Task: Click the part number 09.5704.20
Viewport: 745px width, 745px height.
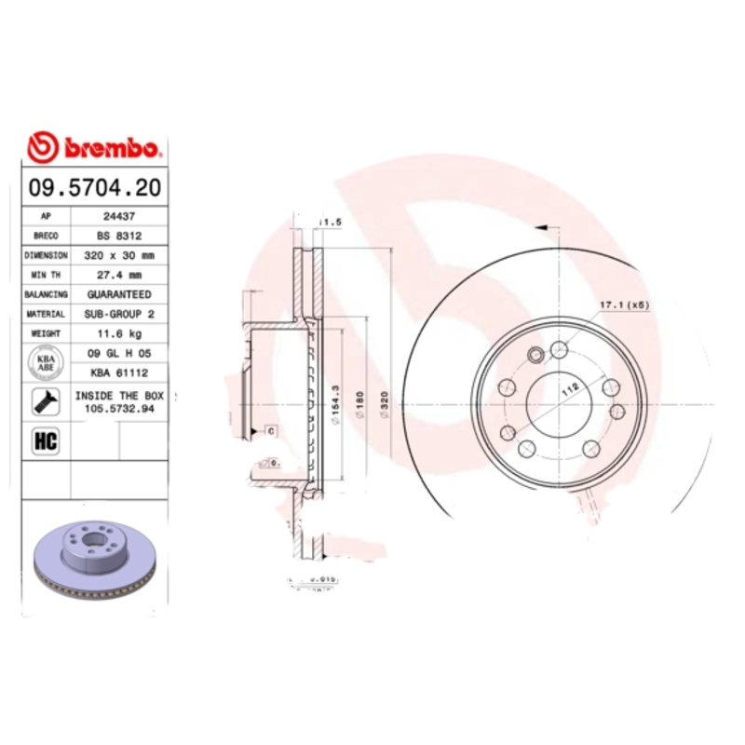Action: click(x=95, y=187)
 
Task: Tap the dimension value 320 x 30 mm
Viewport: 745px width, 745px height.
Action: click(x=119, y=255)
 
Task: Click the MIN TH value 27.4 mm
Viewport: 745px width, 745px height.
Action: click(x=119, y=275)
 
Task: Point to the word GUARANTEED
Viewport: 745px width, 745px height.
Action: click(x=119, y=294)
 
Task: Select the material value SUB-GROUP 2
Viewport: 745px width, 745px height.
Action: click(x=119, y=314)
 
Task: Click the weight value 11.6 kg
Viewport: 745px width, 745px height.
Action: click(x=119, y=333)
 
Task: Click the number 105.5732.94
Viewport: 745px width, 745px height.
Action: click(x=119, y=409)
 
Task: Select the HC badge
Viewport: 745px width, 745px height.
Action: click(x=45, y=441)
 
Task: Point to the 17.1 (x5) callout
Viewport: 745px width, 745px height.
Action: click(x=622, y=305)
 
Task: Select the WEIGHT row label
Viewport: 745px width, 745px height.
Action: click(x=46, y=333)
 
